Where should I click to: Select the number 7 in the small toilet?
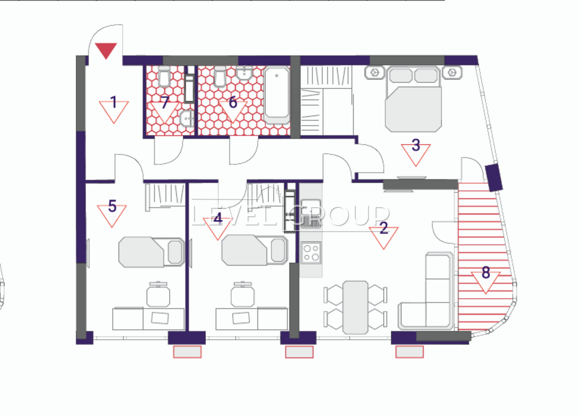click(x=165, y=102)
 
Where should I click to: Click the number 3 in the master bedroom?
click(x=416, y=145)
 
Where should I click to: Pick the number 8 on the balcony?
click(x=486, y=273)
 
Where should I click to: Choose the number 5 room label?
click(x=112, y=206)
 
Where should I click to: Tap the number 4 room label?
click(x=218, y=218)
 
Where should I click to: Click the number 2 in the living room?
click(x=384, y=228)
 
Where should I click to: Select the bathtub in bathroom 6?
click(x=277, y=95)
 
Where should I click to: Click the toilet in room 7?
click(x=164, y=76)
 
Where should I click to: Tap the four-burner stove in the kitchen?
click(x=311, y=253)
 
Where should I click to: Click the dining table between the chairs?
click(x=355, y=307)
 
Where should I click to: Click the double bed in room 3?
click(x=413, y=99)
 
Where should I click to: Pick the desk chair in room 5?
click(x=158, y=294)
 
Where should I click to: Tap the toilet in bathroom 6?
click(x=220, y=76)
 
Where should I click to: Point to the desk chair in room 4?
click(x=243, y=294)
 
